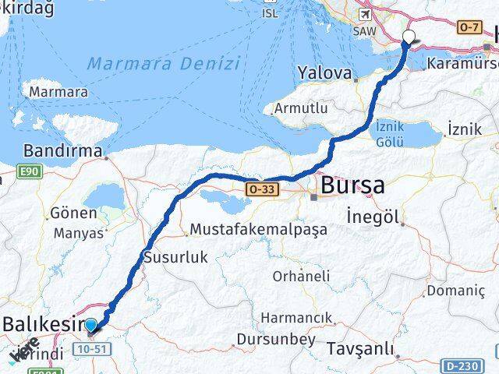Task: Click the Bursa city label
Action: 352,186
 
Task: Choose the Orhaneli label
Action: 301,276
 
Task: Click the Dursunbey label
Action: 267,340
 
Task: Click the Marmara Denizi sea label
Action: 163,63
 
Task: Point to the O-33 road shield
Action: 260,189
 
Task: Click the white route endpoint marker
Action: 409,37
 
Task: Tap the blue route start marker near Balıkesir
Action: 90,326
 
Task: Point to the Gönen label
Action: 69,213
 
